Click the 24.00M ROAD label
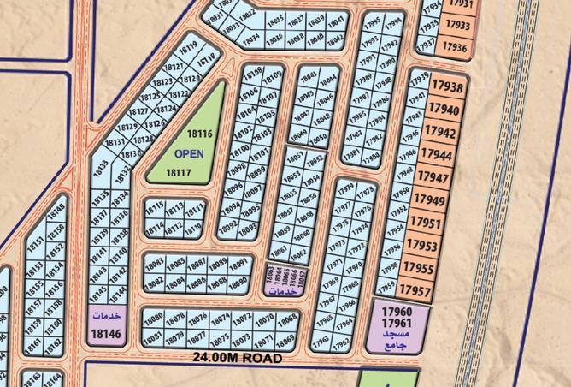click(x=237, y=356)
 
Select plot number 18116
click(x=198, y=134)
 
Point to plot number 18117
click(x=178, y=172)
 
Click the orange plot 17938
click(x=446, y=87)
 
